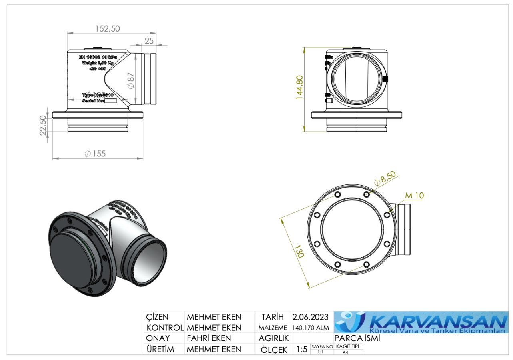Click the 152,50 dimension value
pos(108,28)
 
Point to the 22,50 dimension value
pos(43,126)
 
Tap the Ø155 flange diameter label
pos(95,154)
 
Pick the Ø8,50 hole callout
pos(385,178)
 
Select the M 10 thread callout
pos(414,196)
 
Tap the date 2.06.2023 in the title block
pos(310,317)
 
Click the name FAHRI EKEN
pos(209,338)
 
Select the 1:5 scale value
pos(302,349)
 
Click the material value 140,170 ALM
pos(311,328)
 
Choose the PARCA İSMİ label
pos(357,338)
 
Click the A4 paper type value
pos(345,352)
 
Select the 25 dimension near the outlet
pos(149,40)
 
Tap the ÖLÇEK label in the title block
pos(274,350)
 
